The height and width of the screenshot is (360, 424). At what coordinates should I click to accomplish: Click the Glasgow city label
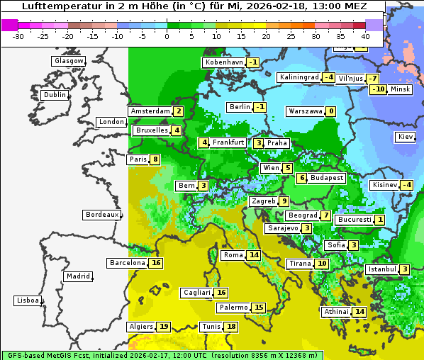68,61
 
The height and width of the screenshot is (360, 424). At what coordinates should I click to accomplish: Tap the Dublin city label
55,95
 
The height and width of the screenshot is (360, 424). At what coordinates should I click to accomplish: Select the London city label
111,122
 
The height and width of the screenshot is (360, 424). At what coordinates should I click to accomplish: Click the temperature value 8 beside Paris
155,159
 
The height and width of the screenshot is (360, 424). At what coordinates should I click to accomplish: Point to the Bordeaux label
102,215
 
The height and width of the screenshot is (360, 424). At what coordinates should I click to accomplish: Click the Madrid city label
78,276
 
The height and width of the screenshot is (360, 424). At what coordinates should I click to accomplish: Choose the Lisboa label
28,300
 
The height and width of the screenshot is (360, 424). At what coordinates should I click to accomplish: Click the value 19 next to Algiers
164,327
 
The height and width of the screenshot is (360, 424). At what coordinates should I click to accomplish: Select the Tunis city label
211,327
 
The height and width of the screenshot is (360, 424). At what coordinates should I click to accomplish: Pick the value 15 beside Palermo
259,308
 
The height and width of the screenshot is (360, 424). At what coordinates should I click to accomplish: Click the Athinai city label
336,312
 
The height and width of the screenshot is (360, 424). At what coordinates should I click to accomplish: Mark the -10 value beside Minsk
379,89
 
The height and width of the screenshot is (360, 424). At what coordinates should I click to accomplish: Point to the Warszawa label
306,111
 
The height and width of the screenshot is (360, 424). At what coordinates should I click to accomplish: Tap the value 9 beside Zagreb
284,201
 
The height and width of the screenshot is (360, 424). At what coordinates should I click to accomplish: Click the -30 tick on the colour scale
18,36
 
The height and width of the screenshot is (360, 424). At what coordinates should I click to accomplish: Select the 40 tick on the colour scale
365,36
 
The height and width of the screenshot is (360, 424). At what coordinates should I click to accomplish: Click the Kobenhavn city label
224,62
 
